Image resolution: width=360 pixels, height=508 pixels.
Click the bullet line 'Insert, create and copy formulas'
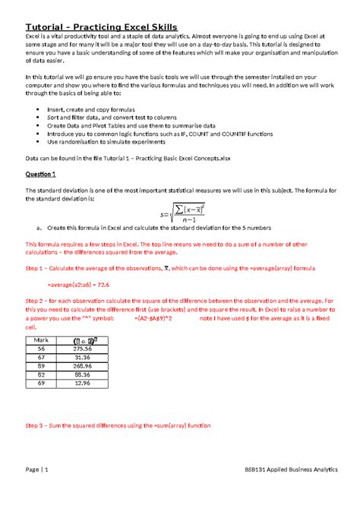click(x=86, y=109)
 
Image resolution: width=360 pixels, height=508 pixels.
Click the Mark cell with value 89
click(x=48, y=366)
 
